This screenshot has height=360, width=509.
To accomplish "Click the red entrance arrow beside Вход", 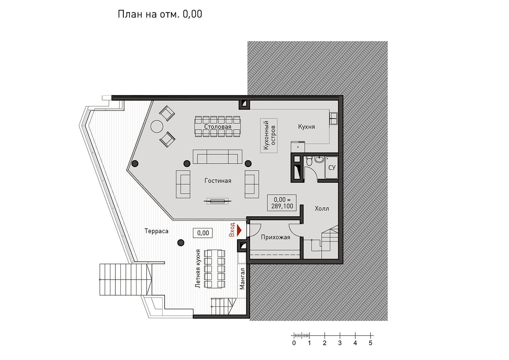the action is pos(239,230).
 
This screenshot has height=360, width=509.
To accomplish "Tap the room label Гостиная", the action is pos(218,181).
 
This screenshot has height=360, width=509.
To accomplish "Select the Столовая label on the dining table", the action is pos(218,127).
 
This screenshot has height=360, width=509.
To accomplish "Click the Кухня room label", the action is pos(306,127).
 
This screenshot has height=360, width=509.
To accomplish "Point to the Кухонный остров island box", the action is pos(269,135).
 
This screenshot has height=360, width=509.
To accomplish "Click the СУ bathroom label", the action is pos(332,168).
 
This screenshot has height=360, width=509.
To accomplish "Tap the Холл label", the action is pos(322,209).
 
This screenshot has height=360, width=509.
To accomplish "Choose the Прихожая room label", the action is pos(276,237).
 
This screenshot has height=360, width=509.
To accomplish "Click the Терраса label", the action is pos(156,231).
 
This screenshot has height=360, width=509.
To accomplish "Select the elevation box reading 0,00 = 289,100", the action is pos(282,203).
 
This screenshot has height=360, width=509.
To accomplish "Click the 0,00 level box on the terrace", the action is pos(203,233).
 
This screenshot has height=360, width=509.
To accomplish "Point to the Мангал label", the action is pos(242,279).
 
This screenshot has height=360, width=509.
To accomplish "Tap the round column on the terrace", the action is pos(181,243).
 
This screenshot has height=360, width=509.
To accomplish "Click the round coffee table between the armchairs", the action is pos(157,126).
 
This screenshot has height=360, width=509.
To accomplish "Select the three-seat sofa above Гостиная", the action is pos(218,157).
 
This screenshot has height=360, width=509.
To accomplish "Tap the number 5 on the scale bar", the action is pos(371,343).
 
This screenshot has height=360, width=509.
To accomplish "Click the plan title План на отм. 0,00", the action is pos(160,14).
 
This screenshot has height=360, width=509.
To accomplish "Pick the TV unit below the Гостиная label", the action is pos(218,201).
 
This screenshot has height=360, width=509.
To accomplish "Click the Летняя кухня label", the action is pos(198,269).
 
